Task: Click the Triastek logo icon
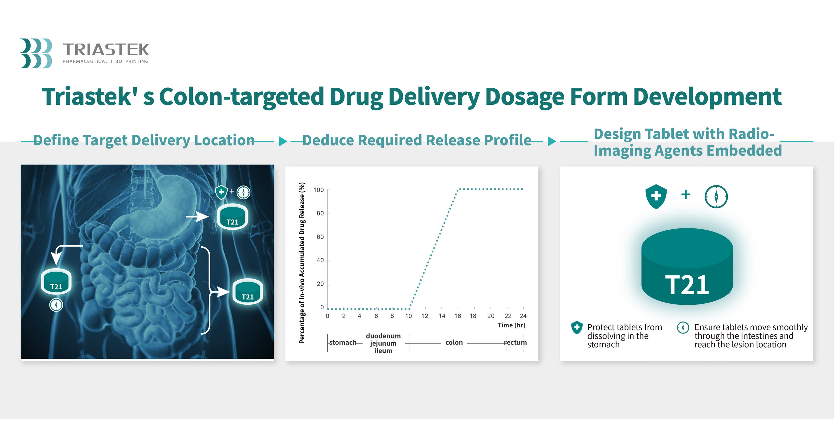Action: (36, 53)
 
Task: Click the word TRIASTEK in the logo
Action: (106, 49)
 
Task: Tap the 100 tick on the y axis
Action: (318, 190)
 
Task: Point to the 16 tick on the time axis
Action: (457, 316)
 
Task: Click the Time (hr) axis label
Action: (511, 325)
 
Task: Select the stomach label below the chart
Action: (343, 342)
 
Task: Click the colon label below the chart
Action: (454, 342)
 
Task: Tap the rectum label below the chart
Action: (516, 342)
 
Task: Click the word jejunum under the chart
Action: (383, 343)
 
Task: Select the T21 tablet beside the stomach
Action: (233, 217)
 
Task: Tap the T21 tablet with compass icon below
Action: (56, 281)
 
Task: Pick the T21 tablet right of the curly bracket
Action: (248, 291)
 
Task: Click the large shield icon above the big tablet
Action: (656, 196)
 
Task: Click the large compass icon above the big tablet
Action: (716, 196)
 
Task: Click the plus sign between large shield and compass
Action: (686, 194)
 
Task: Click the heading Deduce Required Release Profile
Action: (417, 140)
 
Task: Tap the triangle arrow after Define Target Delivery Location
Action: (283, 141)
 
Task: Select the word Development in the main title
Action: (707, 96)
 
